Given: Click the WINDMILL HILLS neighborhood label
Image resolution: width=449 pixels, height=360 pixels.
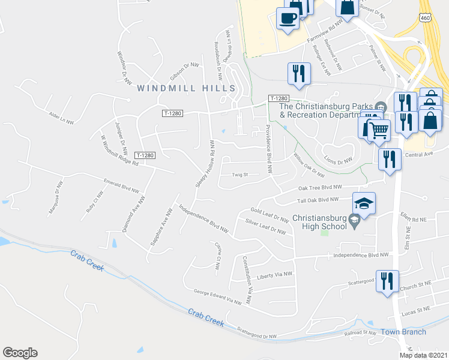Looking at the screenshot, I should tap(186, 88).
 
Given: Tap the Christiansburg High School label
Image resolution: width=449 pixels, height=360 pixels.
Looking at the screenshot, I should tap(320, 222).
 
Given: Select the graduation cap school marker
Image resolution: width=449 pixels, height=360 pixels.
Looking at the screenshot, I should tap(364, 205).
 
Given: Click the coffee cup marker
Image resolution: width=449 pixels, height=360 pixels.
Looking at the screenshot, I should tap(288, 18).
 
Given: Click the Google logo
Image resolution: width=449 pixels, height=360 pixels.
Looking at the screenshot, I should tap(20, 353).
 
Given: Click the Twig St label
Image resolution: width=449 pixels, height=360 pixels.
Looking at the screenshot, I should tap(240, 175).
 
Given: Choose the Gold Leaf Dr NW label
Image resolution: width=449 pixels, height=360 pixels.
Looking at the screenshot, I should tap(270, 215).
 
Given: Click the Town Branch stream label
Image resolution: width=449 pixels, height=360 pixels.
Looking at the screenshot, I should tap(404, 332).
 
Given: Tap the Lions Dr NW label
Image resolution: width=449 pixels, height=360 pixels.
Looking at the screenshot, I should tap(337, 160).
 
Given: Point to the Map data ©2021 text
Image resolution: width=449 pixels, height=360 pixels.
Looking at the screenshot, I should tap(423, 355).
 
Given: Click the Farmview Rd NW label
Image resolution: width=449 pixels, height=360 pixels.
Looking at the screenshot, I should tap(324, 34).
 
